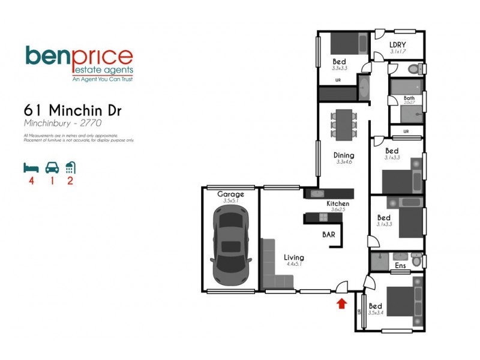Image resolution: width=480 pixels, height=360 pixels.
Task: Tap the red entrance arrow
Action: tap(341, 304)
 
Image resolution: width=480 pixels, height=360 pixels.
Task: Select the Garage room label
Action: tap(230, 194)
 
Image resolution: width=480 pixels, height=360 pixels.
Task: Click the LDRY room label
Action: tap(398, 45)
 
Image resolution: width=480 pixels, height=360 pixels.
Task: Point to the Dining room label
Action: tap(344, 155)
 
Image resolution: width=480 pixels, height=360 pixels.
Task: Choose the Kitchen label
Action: tap(338, 204)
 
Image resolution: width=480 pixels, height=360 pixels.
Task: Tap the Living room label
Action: tap(294, 257)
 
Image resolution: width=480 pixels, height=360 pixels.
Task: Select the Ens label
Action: tap(400, 266)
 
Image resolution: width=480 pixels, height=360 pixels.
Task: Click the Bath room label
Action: tap(409, 98)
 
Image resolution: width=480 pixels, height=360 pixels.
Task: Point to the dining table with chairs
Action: tap(344, 124)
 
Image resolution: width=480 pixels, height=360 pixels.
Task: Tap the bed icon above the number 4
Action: tap(31, 167)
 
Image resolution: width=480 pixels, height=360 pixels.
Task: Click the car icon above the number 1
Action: tap(52, 167)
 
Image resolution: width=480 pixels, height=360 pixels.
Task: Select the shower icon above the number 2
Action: tap(70, 167)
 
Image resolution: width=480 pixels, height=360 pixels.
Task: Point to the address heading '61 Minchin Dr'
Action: tap(73, 110)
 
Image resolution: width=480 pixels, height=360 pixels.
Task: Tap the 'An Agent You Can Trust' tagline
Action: tap(102, 79)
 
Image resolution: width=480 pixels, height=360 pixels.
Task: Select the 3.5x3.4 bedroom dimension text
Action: tap(376, 313)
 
